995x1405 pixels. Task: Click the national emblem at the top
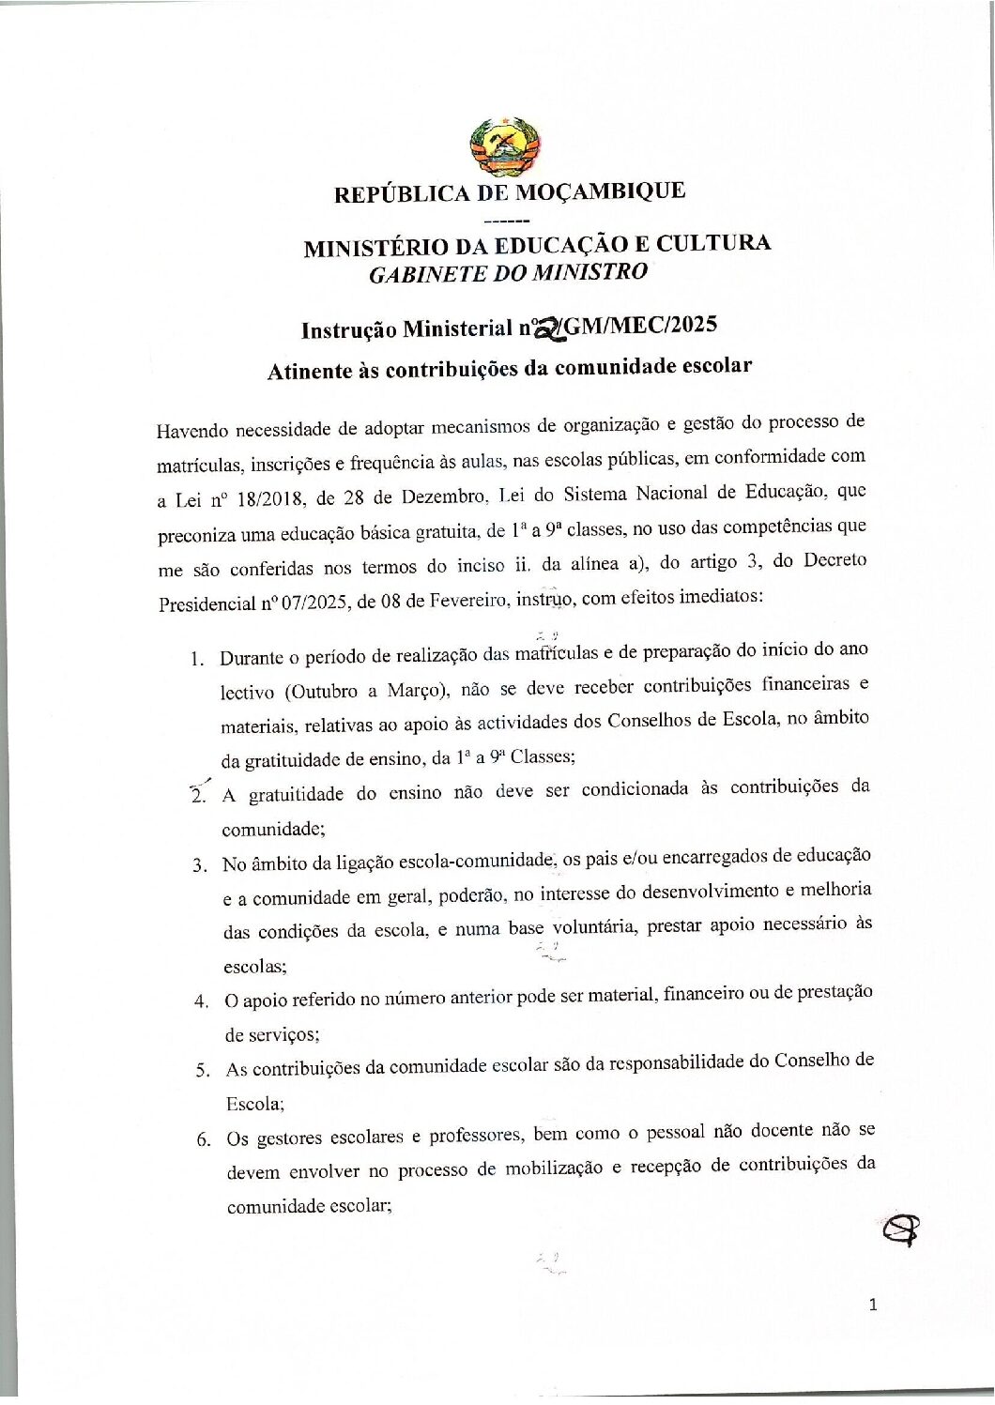pyautogui.click(x=505, y=147)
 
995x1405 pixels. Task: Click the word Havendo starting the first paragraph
pyautogui.click(x=192, y=431)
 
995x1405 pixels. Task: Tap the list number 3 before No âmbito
pyautogui.click(x=199, y=865)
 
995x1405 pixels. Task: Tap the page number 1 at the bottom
pyautogui.click(x=873, y=1304)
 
